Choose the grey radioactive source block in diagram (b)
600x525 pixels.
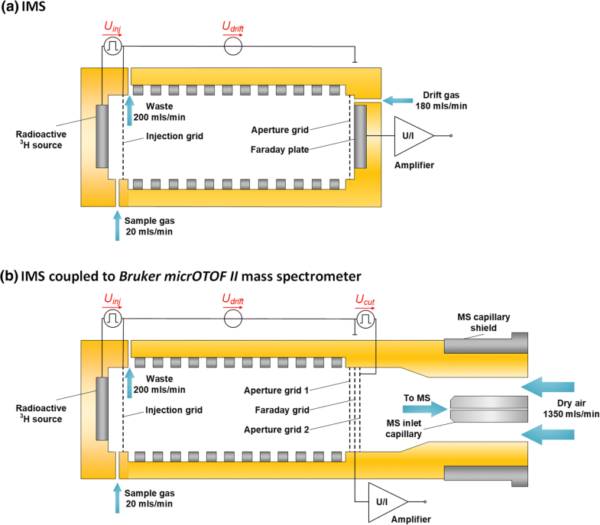(x=102, y=409)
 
